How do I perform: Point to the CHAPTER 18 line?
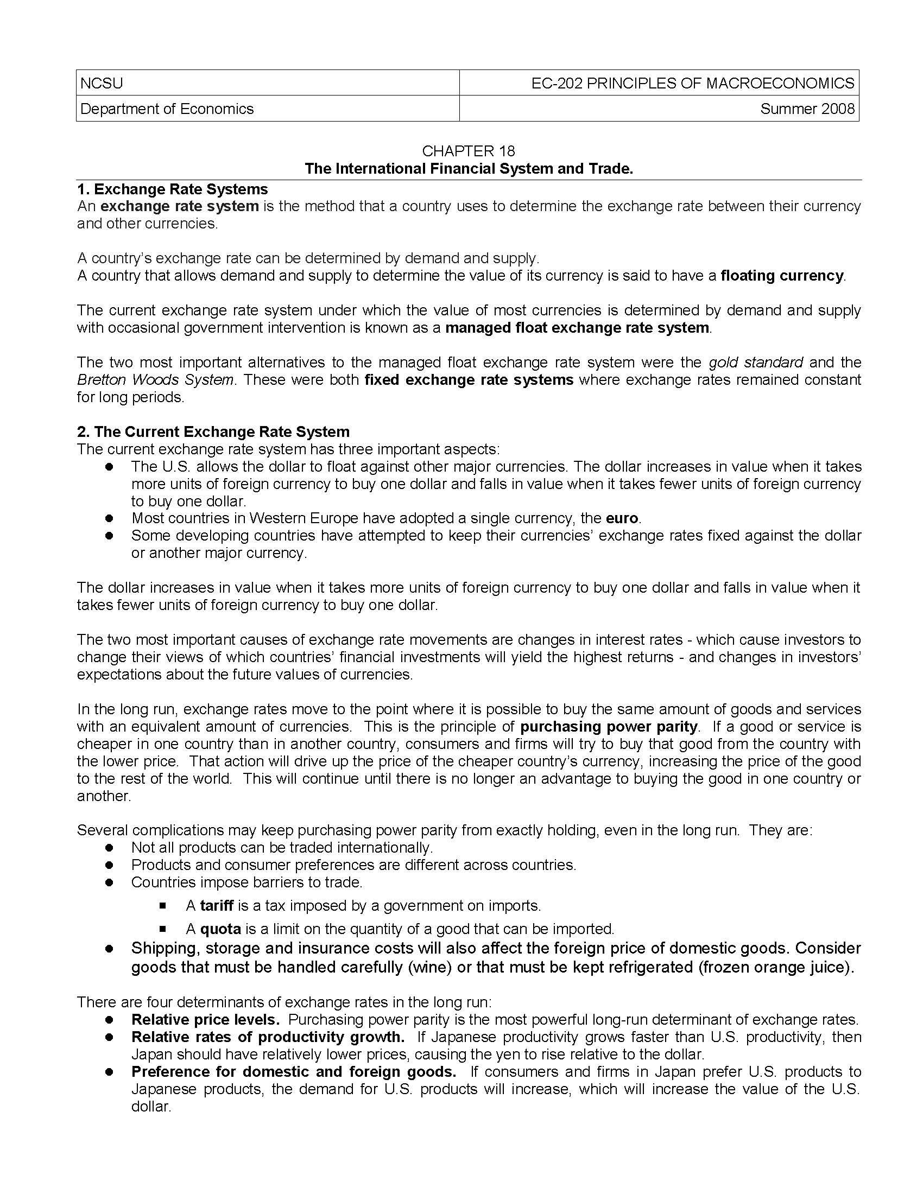click(x=468, y=151)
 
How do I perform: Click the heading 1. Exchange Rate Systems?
click(x=172, y=189)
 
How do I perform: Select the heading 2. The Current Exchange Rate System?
click(x=213, y=432)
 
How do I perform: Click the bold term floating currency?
click(x=782, y=276)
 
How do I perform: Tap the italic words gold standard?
click(x=755, y=363)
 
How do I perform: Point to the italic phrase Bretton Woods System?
click(x=155, y=380)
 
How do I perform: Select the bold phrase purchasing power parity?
click(x=609, y=727)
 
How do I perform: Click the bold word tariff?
click(x=217, y=906)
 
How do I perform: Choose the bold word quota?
click(x=220, y=929)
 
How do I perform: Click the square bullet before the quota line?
click(x=162, y=929)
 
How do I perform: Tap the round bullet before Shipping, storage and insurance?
click(x=109, y=949)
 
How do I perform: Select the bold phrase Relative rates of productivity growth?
click(x=268, y=1037)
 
